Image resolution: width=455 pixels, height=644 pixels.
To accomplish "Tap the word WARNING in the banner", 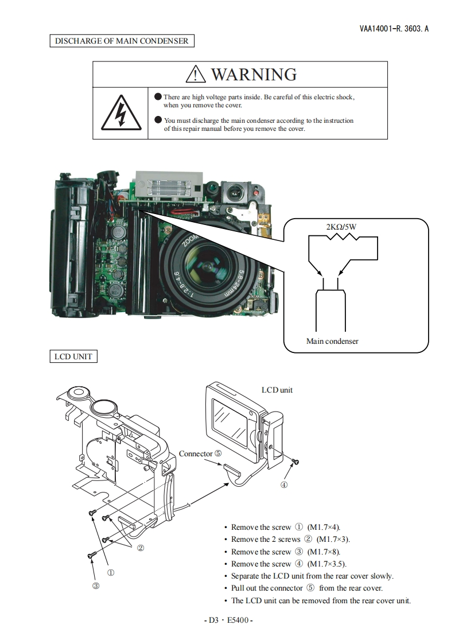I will (254, 74).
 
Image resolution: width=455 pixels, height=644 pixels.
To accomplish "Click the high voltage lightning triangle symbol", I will (120, 114).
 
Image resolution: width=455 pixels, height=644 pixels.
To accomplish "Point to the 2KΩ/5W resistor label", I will (341, 227).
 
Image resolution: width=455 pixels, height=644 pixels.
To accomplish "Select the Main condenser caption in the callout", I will (332, 341).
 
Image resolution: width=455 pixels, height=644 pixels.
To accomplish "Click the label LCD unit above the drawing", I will (277, 390).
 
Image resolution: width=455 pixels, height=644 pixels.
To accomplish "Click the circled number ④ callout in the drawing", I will (284, 484).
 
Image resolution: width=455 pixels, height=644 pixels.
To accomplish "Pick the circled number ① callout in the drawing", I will (111, 572).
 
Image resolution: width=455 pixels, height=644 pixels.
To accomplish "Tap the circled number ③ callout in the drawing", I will (96, 586).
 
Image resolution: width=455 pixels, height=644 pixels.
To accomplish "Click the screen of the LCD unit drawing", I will (231, 420).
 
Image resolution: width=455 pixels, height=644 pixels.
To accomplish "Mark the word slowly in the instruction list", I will (381, 576).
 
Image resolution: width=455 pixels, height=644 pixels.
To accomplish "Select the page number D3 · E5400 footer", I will (228, 620).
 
